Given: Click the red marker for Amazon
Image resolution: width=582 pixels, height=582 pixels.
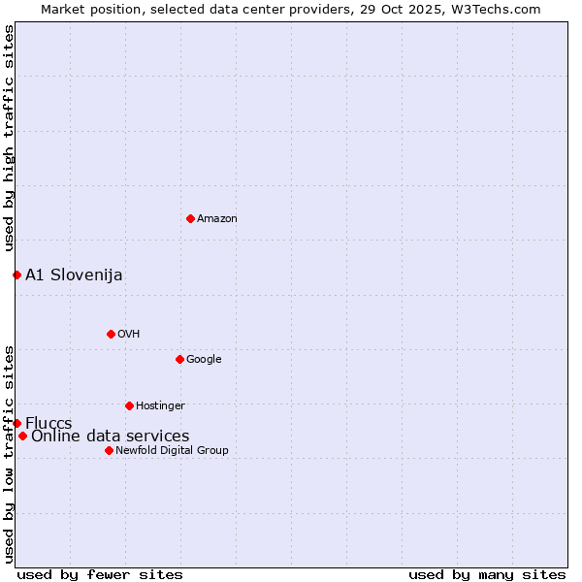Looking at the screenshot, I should tap(190, 218).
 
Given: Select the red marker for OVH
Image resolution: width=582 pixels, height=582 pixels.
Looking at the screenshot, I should tap(111, 334).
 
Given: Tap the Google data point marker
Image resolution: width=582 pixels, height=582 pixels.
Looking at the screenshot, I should tap(179, 359).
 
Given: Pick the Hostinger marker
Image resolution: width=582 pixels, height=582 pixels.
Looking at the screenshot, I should tap(129, 405).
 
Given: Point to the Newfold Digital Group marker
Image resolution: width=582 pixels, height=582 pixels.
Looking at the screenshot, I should tap(109, 450).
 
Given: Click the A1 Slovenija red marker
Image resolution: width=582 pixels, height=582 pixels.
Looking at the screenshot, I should tap(16, 275).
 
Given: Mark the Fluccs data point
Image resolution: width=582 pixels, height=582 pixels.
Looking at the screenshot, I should tap(16, 423).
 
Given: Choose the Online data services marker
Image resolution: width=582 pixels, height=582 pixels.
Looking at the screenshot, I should tap(22, 436).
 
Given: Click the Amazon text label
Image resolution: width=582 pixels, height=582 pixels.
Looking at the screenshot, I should tap(217, 219).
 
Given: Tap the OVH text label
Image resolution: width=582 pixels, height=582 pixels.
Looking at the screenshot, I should tap(129, 335).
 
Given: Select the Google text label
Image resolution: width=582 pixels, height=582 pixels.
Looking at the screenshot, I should tap(204, 360).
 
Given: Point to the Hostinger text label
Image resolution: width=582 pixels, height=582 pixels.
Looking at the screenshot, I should tap(160, 406).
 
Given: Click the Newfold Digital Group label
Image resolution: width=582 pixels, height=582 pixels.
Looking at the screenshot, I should tap(172, 451).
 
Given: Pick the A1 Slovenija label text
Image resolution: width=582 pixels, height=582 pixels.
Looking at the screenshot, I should tap(74, 275).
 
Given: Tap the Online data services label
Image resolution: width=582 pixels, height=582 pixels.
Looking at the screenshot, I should tap(110, 436).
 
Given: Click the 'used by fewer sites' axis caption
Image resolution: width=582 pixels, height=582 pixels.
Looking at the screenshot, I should tap(100, 574).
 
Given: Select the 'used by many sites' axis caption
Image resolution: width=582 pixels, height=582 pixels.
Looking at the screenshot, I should tap(487, 574).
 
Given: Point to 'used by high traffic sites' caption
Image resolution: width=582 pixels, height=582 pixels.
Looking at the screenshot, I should tap(9, 139).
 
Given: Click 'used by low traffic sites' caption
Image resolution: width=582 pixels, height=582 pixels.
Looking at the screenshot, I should tap(9, 454).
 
